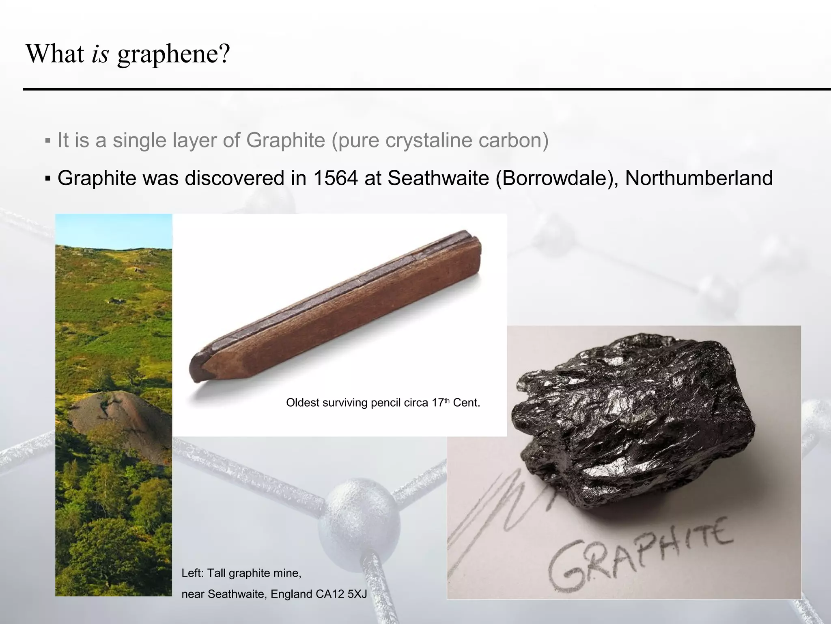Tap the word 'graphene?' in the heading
[x=174, y=54]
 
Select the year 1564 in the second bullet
[x=336, y=178]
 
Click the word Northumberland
[x=698, y=178]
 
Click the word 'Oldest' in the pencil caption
[x=302, y=403]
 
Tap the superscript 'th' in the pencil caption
[x=447, y=401]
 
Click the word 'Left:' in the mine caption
[x=193, y=573]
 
